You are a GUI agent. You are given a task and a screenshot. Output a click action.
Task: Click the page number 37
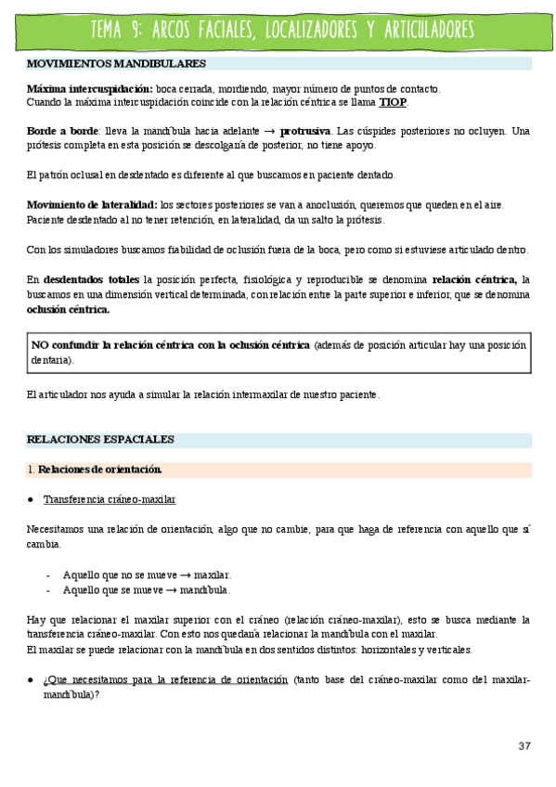tap(524, 747)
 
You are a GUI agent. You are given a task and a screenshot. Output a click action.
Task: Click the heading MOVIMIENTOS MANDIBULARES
tap(116, 64)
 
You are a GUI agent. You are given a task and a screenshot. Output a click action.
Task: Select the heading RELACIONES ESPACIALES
tap(100, 439)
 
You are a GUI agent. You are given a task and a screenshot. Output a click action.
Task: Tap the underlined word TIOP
tap(393, 102)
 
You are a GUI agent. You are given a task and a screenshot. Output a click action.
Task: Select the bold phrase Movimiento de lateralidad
tap(91, 205)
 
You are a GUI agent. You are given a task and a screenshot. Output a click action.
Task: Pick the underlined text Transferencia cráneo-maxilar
tap(110, 499)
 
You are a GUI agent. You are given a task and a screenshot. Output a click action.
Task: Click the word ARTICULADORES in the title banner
tap(419, 31)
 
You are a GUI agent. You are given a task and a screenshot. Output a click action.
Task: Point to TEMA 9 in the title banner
tap(115, 31)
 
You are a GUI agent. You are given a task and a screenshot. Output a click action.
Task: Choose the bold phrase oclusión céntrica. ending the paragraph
tap(68, 309)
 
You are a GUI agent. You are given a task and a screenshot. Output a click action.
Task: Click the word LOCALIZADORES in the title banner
tap(306, 31)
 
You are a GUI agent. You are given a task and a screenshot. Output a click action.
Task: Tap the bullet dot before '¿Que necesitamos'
tap(31, 679)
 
